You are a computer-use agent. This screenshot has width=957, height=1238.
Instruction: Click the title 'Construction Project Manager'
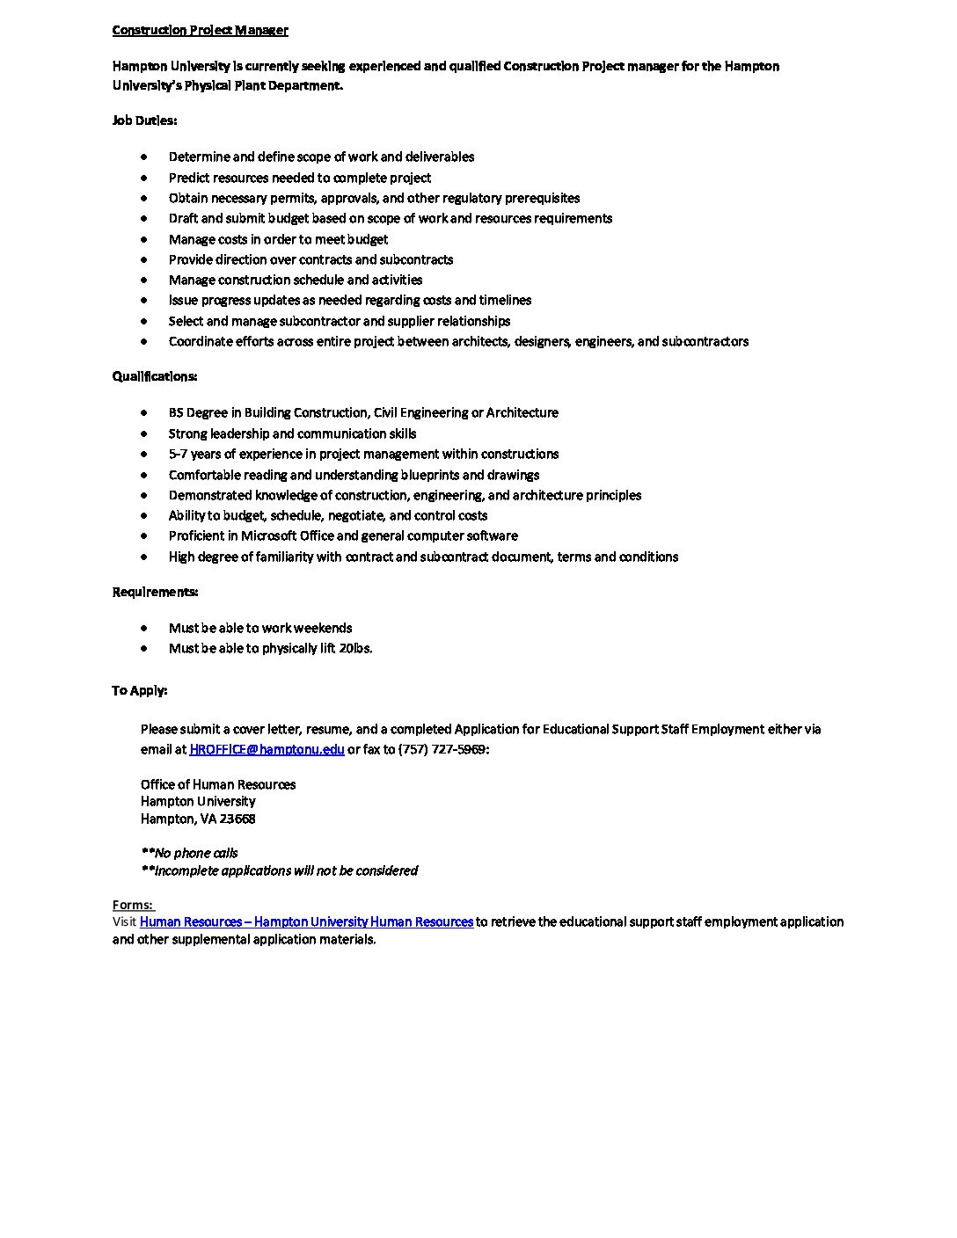(200, 30)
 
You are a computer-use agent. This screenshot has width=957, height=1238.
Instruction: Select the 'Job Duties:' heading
(144, 120)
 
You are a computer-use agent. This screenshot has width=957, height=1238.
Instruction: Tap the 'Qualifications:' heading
(154, 376)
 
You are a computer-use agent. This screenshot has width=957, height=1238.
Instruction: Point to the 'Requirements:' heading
(155, 592)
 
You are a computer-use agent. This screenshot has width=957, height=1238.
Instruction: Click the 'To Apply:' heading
(139, 690)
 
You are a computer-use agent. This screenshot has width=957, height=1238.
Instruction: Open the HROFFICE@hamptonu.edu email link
(267, 749)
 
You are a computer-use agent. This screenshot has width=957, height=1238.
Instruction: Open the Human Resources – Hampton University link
(306, 921)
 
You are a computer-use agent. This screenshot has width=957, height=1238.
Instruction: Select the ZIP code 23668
(237, 819)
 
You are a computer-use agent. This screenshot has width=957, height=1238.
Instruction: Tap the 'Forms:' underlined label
(132, 905)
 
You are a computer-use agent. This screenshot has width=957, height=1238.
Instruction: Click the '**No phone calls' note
(189, 853)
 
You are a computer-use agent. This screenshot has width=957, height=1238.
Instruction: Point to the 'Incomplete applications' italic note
(279, 870)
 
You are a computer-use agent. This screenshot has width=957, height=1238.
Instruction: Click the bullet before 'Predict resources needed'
(144, 178)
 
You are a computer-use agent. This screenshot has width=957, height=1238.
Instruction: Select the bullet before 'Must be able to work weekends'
(144, 628)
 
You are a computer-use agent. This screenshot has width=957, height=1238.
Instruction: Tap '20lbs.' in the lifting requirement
(355, 648)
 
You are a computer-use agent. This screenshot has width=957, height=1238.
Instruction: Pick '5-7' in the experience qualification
(179, 454)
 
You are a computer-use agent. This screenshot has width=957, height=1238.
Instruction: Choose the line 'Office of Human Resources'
(218, 784)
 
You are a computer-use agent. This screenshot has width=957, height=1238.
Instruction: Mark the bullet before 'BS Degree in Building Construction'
(144, 412)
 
